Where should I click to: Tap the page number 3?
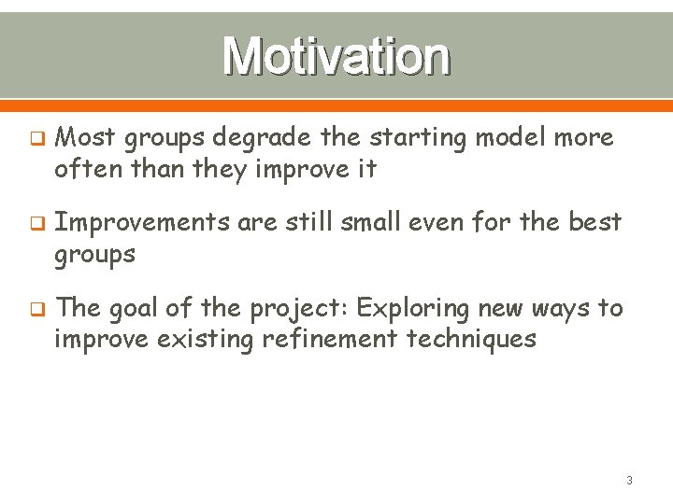629,481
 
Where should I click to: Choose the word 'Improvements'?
142,223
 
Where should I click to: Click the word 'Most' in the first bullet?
85,137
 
